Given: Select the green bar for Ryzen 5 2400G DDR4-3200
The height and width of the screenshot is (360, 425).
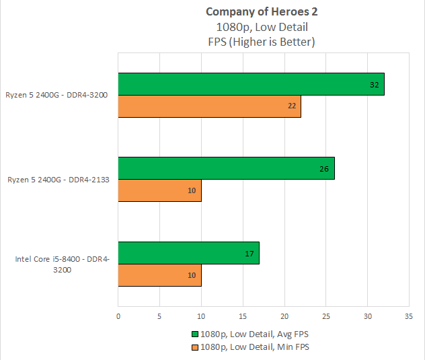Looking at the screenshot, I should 251,84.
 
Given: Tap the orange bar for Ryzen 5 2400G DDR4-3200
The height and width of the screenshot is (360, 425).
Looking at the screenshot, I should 209,106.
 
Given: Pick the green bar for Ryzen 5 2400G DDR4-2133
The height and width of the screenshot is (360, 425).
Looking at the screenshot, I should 226,168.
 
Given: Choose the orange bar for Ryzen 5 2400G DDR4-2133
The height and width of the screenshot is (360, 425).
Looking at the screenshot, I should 159,190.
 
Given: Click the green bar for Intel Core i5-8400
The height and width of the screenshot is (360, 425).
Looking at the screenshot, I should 188,253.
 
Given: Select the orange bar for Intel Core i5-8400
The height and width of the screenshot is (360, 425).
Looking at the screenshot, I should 159,275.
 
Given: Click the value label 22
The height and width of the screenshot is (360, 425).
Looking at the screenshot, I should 292,106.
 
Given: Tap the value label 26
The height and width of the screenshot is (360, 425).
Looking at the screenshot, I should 325,169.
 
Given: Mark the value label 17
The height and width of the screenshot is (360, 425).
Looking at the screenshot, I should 250,253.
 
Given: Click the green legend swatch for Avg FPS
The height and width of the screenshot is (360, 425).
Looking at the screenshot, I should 196,333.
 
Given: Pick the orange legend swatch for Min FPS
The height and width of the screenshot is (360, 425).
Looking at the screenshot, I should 196,347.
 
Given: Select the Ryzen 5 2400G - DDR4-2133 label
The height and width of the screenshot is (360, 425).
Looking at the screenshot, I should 59,180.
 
